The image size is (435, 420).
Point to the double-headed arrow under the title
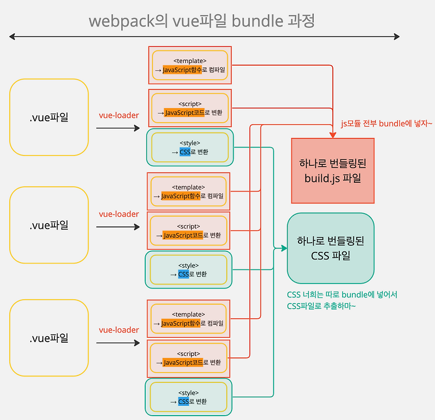pyautogui.click(x=204, y=37)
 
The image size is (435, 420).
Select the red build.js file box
pyautogui.click(x=333, y=170)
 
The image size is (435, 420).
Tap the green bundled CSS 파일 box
pyautogui.click(x=331, y=248)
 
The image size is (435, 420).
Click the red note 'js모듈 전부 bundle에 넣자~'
pyautogui.click(x=387, y=123)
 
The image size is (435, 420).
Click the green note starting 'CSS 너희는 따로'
pyautogui.click(x=342, y=300)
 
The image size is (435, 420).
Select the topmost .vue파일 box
pyautogui.click(x=49, y=117)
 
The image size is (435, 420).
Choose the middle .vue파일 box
pyautogui.click(x=49, y=225)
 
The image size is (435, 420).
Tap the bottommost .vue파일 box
pyautogui.click(x=49, y=338)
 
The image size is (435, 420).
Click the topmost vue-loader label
pyautogui.click(x=119, y=115)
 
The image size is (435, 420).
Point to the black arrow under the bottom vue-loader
pyautogui.click(x=118, y=343)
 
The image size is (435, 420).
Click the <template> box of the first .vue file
pyautogui.click(x=190, y=65)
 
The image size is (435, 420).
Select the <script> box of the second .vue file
pyautogui.click(x=189, y=231)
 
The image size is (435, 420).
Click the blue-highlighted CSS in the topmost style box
pyautogui.click(x=185, y=152)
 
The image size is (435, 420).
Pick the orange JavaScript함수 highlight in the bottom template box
pyautogui.click(x=181, y=323)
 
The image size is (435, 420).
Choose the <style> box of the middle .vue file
pyautogui.click(x=189, y=270)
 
